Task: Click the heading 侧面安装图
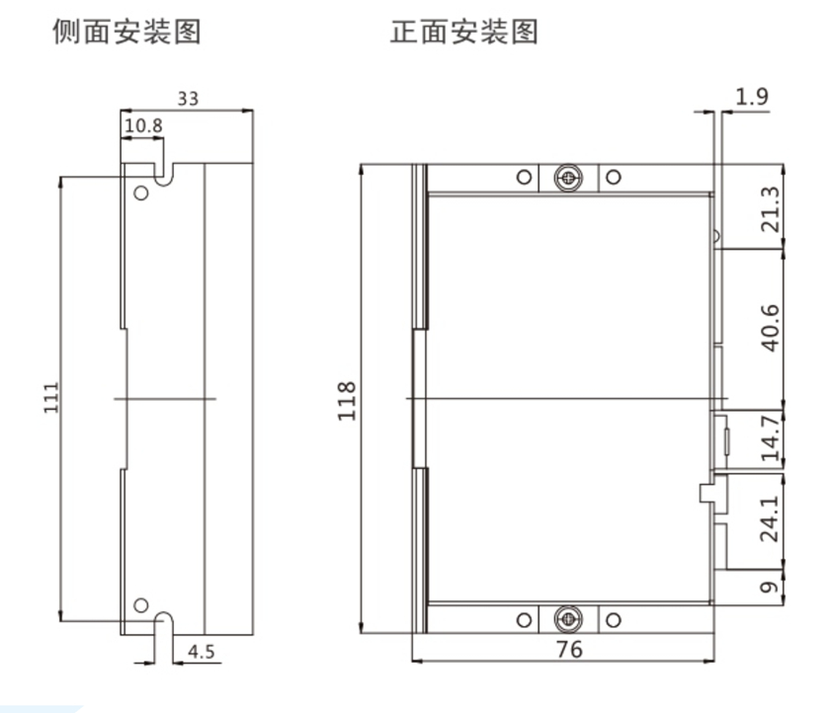pos(126,33)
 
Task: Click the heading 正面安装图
pos(464,33)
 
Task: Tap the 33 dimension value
pos(188,99)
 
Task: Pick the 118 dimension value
pos(346,400)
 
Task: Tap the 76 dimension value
pos(569,649)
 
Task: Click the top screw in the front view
pos(568,178)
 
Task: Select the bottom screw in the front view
pos(568,620)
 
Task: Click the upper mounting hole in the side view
pos(141,192)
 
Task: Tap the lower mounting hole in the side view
pos(141,604)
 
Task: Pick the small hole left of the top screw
pos(525,178)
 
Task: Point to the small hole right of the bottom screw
pos(613,620)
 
